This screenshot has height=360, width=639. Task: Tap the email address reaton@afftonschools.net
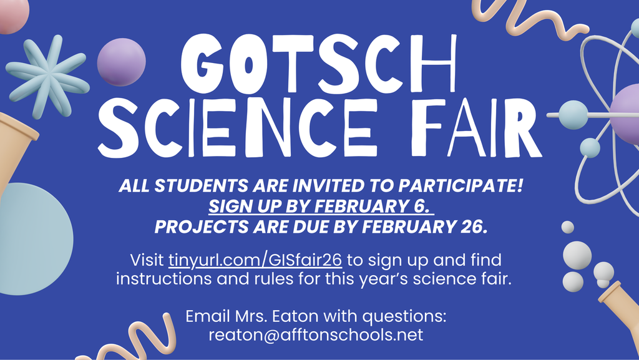[316, 334]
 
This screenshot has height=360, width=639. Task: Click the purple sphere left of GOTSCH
[121, 62]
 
